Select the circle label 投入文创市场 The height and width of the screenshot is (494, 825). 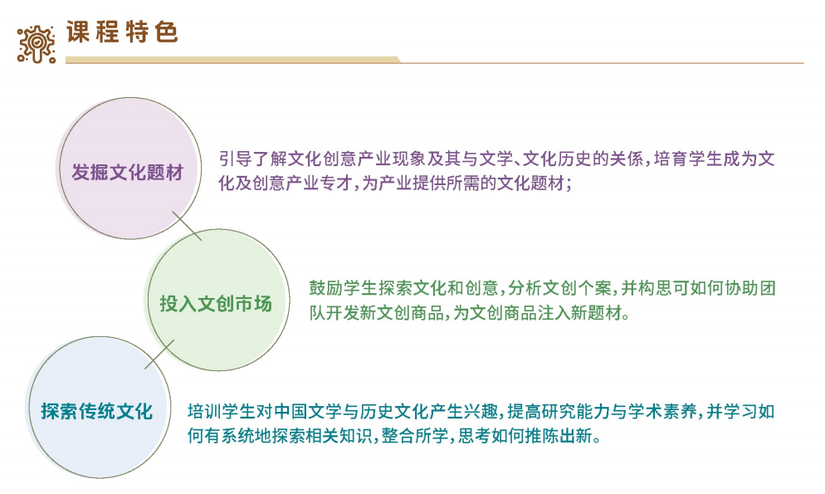pos(215,303)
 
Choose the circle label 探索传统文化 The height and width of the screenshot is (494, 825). pos(97,410)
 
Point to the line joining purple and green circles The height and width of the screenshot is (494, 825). pos(187,225)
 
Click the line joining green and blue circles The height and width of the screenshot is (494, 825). pos(159,354)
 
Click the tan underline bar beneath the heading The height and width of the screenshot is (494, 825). pos(232,60)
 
